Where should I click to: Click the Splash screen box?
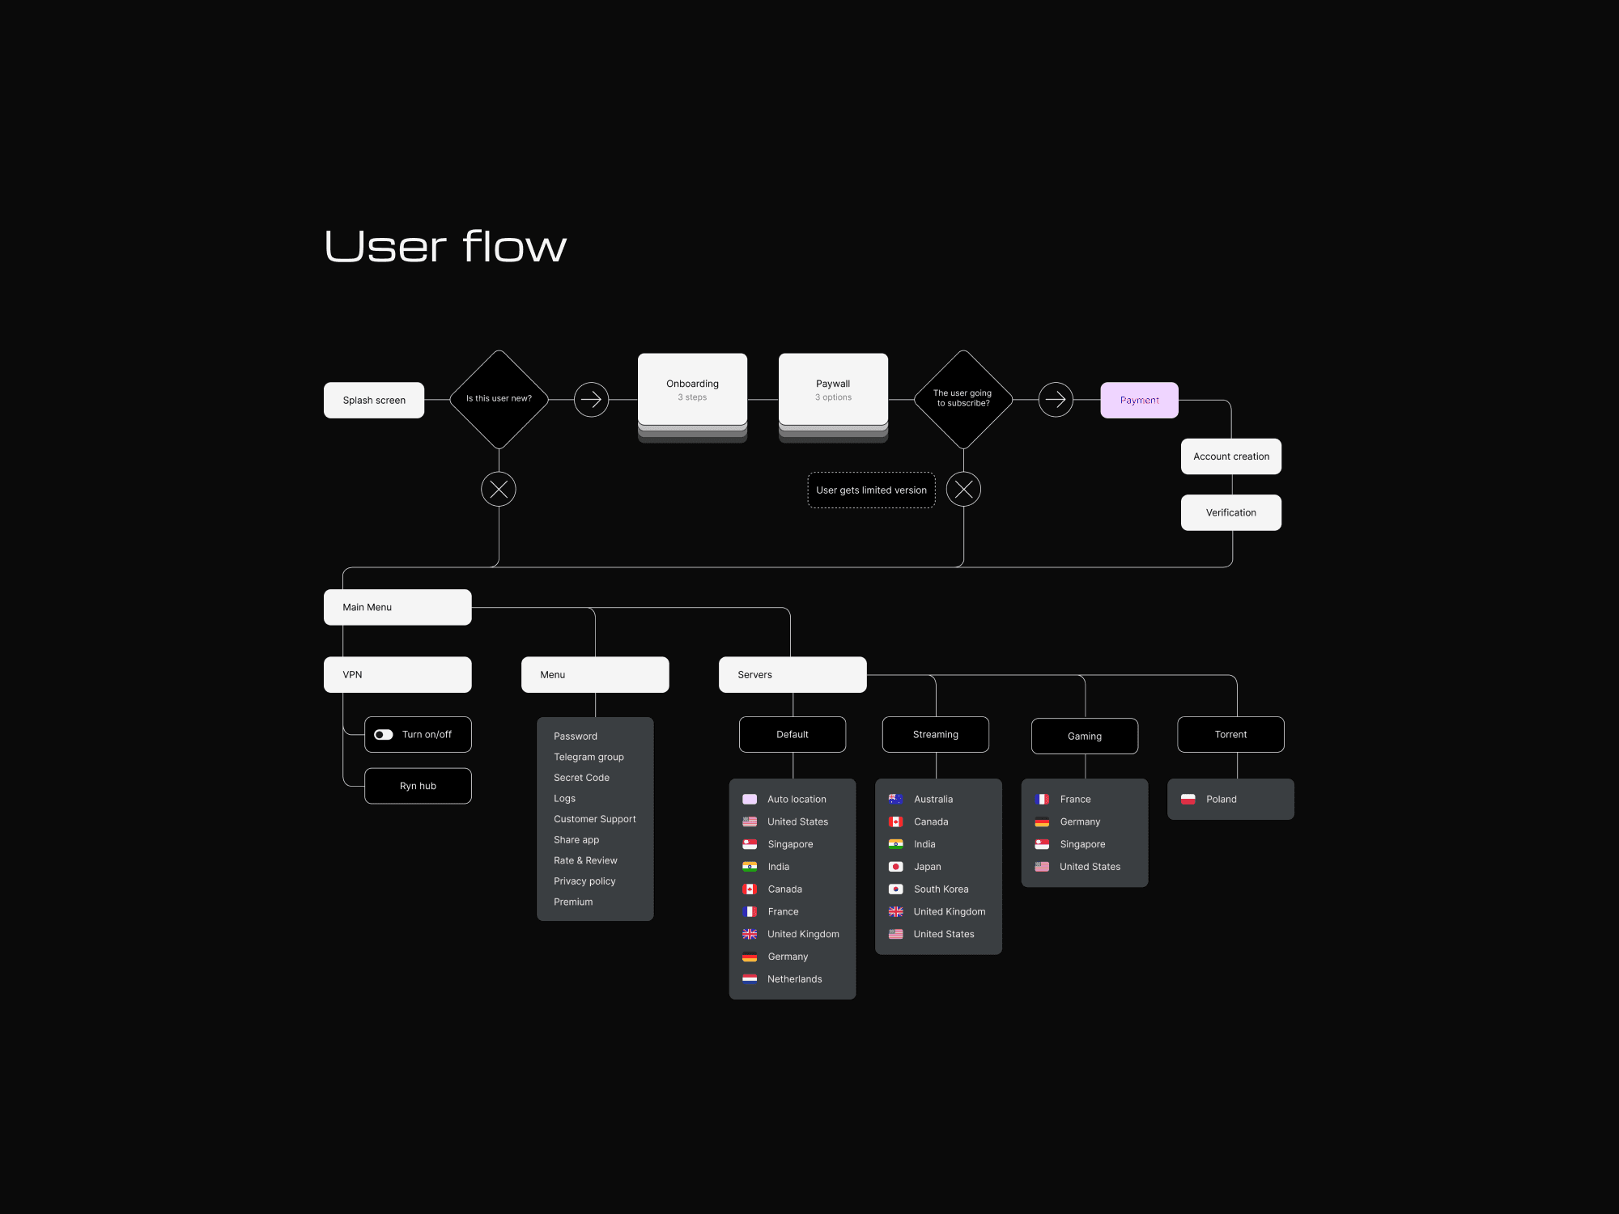point(374,400)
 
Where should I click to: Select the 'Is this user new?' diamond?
point(499,399)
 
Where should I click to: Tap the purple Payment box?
point(1139,400)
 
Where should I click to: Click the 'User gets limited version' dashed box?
point(871,490)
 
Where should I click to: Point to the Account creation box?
point(1230,456)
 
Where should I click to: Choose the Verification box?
point(1230,512)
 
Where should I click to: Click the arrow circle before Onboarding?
point(591,400)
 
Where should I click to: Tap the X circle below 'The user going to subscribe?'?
point(963,490)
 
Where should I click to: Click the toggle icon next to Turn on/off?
point(384,735)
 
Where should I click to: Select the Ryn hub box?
point(418,786)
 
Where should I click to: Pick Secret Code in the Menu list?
point(581,778)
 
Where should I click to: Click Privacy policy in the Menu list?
point(584,881)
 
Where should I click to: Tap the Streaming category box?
point(935,735)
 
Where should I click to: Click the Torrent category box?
point(1230,735)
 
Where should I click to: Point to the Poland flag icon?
point(1188,800)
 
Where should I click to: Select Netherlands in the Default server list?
point(794,979)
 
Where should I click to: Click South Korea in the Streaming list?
point(941,889)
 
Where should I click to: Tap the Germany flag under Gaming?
point(1042,822)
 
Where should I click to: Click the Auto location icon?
point(750,800)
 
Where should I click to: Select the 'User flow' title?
point(445,246)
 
